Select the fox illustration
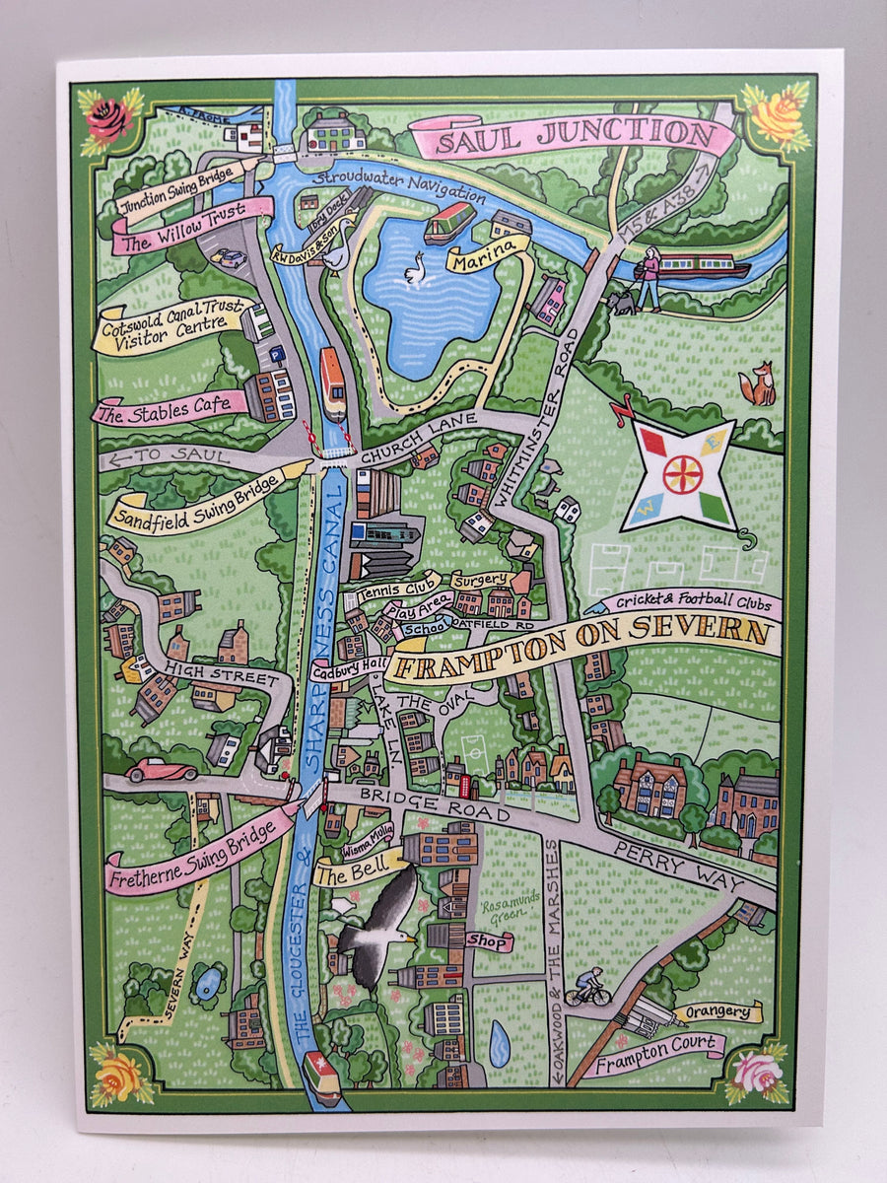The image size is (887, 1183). (758, 384)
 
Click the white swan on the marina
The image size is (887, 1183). (415, 267)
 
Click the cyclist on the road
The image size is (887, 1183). (588, 985)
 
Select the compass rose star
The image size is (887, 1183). (683, 474)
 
